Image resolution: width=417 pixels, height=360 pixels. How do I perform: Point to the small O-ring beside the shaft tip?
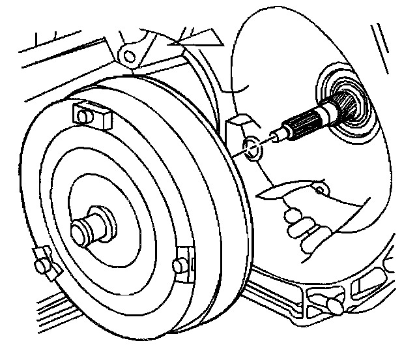251,149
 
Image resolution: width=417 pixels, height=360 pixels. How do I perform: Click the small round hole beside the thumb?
319,190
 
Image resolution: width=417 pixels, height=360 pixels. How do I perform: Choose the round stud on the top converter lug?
82,118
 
